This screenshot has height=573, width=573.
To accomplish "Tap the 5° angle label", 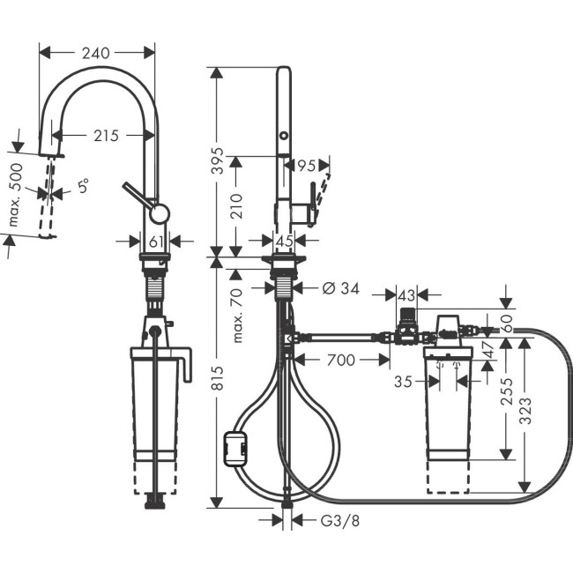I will pos(83,188).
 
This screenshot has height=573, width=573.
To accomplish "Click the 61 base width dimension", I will pos(155,241).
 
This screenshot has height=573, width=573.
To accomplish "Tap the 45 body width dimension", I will pos(283,241).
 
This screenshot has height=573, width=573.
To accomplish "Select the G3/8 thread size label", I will pos(339,520).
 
